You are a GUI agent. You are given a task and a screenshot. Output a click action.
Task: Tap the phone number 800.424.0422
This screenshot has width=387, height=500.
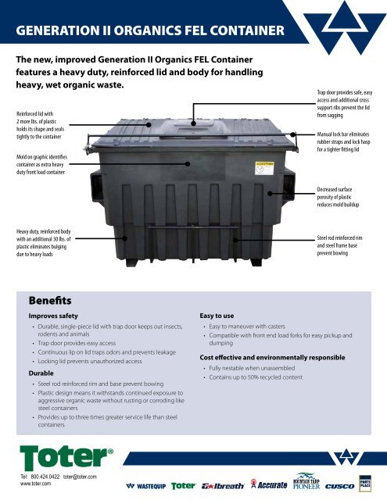tap(47, 477)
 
